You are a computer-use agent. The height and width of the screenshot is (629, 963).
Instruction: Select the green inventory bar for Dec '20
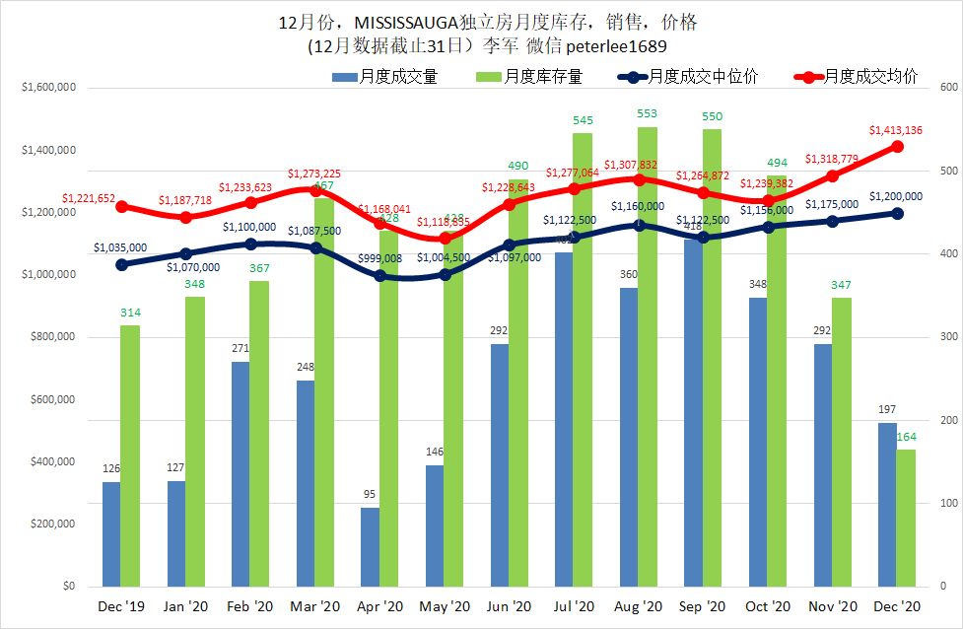coord(906,518)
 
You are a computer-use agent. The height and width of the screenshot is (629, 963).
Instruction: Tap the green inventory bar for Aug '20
coord(648,355)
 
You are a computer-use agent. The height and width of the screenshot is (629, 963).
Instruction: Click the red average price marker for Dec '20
coord(898,146)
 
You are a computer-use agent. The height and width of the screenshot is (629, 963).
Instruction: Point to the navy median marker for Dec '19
coord(121,264)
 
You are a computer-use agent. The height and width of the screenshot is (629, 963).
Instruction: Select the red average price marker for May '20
coord(445,239)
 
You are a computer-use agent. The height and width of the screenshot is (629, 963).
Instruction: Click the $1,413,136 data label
coord(895,130)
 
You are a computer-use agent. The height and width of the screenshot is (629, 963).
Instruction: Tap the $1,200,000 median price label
coord(895,196)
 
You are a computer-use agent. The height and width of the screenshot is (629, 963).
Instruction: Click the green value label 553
coord(648,114)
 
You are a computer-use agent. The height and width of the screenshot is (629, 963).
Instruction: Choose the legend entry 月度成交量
coord(398,76)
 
